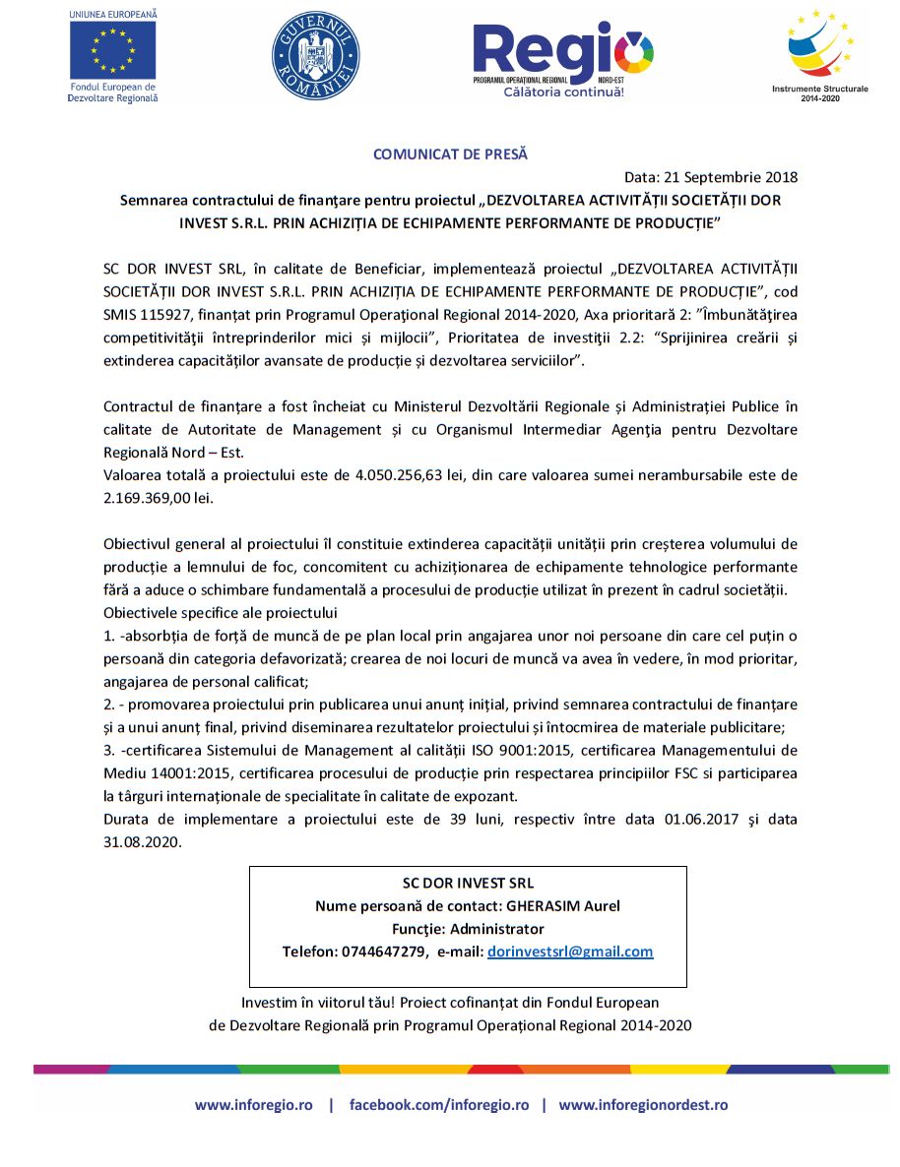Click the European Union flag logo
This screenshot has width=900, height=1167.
[x=112, y=49]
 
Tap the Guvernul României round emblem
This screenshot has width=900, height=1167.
[x=315, y=56]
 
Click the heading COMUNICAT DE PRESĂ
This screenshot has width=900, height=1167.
[x=450, y=154]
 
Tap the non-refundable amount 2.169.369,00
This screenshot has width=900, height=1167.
[x=148, y=498]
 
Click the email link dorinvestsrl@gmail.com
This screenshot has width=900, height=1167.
[x=570, y=952]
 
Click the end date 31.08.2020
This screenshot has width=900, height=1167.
[x=143, y=842]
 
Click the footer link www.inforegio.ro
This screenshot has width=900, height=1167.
[x=254, y=1105]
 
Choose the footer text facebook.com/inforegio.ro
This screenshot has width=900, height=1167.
[x=439, y=1105]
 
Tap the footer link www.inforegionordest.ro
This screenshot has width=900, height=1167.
[x=643, y=1105]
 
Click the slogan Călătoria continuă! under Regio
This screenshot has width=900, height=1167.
[x=563, y=92]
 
